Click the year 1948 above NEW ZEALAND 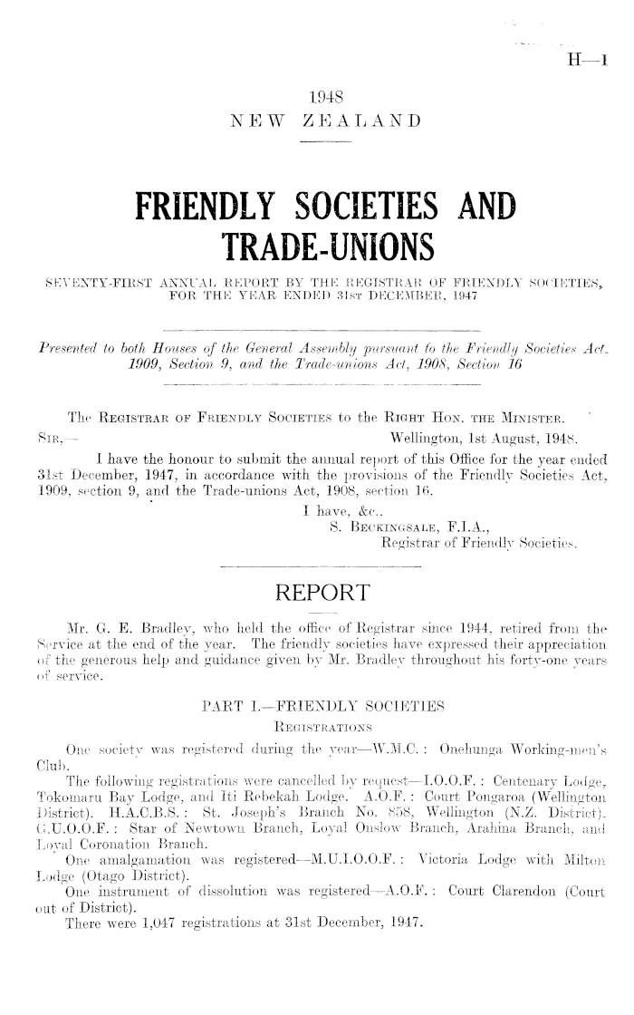tap(323, 97)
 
